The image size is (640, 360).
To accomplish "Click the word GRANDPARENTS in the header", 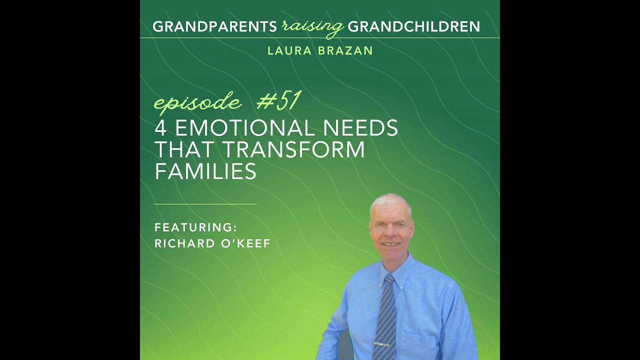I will [x=214, y=26].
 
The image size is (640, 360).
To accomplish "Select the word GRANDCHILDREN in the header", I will [x=413, y=26].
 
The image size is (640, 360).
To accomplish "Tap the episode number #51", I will [x=278, y=101].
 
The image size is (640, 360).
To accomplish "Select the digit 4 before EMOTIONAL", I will [x=160, y=128].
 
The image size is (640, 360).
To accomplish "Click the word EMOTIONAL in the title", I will [x=246, y=128].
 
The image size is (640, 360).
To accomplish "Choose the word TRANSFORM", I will [x=293, y=150].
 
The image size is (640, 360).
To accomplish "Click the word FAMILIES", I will [x=205, y=171].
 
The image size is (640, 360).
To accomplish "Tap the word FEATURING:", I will [x=195, y=227].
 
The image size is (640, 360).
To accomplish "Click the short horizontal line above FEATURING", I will [x=205, y=204].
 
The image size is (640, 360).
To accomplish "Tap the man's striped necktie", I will [x=386, y=320].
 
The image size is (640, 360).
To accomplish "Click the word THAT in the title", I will [x=185, y=150].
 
